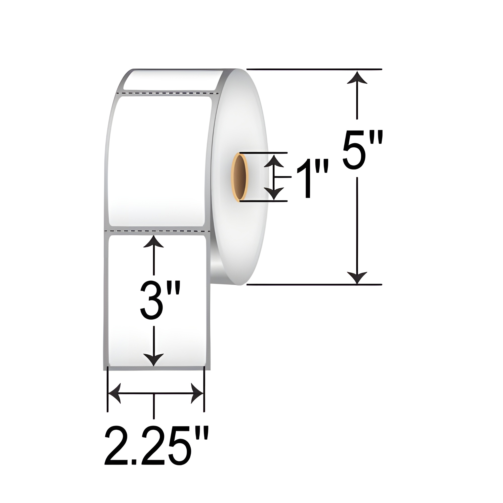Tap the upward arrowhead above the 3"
(154, 241)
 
